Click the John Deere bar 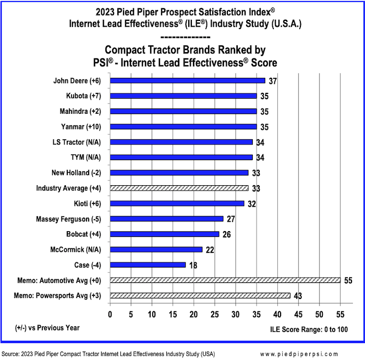point(188,81)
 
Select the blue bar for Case point(148,265)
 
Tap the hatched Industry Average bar point(179,188)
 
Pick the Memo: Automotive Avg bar point(225,280)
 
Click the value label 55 point(348,281)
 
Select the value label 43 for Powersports point(298,296)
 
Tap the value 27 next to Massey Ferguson point(230,219)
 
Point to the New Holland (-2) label point(76,173)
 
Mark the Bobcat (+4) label point(79,234)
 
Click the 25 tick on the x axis point(214,314)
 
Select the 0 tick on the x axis point(110,314)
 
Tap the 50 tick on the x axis point(319,314)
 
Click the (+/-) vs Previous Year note point(47,328)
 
